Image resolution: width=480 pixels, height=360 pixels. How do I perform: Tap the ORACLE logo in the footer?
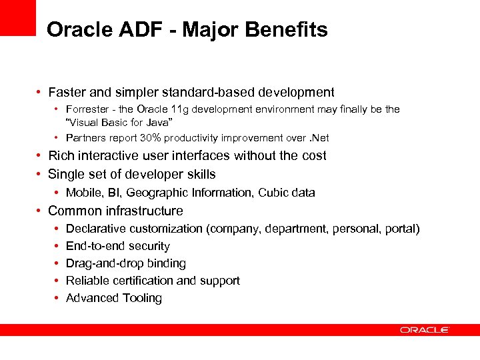click(425, 330)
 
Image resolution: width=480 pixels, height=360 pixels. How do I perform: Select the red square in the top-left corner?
click(17, 17)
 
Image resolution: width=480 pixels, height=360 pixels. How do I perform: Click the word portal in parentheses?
click(400, 229)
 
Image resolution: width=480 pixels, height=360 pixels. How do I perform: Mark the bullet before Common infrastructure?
click(41, 211)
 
